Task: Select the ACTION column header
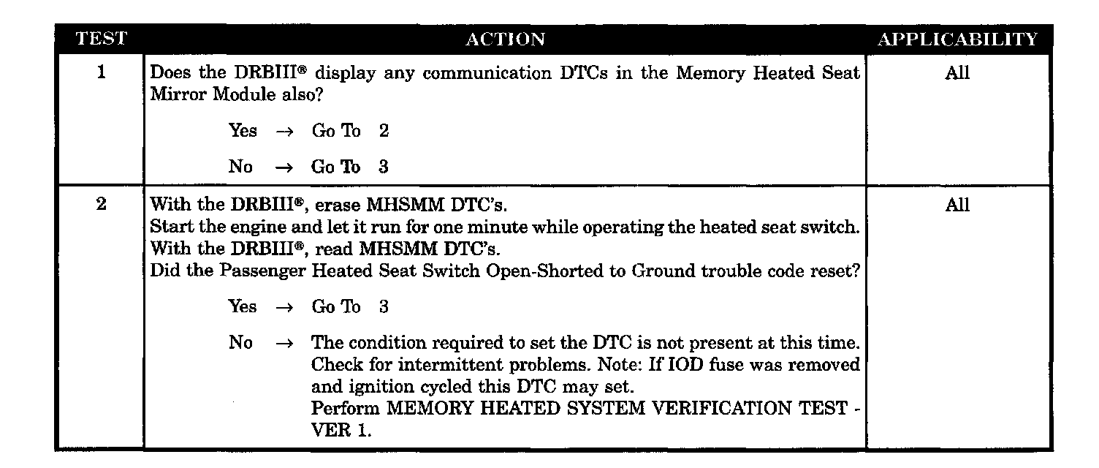(x=505, y=39)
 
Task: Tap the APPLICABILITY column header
(x=957, y=39)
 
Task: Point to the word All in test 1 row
(x=957, y=73)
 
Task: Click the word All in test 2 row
(x=957, y=205)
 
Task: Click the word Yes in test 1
(x=243, y=131)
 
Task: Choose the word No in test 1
(x=240, y=167)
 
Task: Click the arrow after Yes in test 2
(x=284, y=307)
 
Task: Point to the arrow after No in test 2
(x=284, y=342)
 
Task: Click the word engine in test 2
(x=237, y=227)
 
